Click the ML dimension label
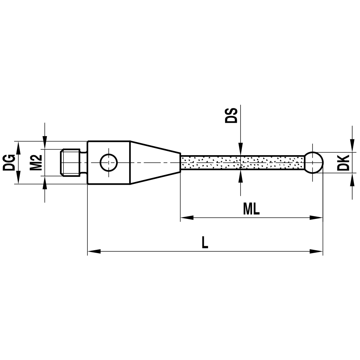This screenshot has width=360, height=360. pyautogui.click(x=251, y=208)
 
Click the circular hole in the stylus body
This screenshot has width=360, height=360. pyautogui.click(x=109, y=162)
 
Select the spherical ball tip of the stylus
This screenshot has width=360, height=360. pyautogui.click(x=314, y=162)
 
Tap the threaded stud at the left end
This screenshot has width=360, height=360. pyautogui.click(x=70, y=162)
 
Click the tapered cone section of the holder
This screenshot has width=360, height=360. pyautogui.click(x=155, y=162)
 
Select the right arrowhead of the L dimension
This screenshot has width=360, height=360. pyautogui.click(x=317, y=251)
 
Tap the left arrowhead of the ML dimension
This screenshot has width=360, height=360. pyautogui.click(x=186, y=217)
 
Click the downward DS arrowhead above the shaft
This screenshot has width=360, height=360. pyautogui.click(x=240, y=151)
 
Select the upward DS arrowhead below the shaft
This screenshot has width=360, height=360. pyautogui.click(x=240, y=174)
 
